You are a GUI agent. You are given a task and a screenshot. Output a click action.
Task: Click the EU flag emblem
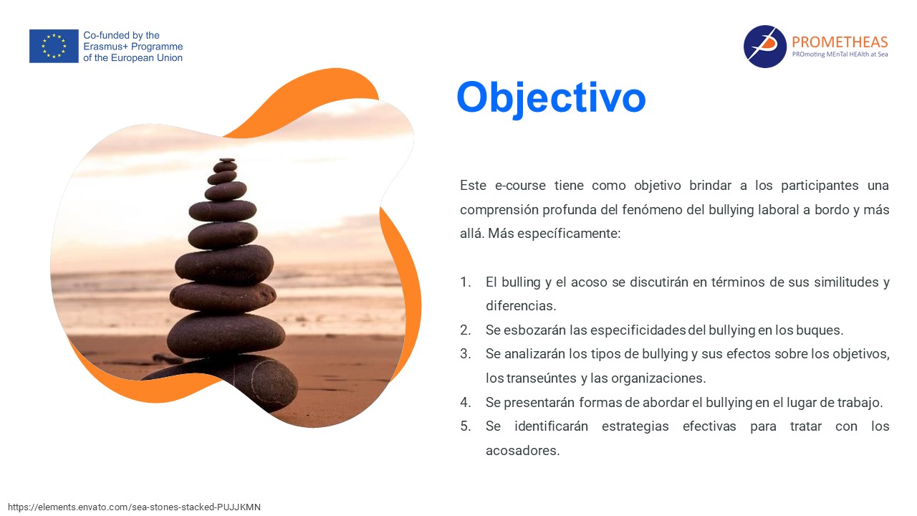tap(54, 46)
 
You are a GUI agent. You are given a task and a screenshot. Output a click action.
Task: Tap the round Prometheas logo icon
tap(764, 47)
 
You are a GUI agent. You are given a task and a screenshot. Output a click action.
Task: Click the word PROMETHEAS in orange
tap(840, 42)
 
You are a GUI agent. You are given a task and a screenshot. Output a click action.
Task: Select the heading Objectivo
tap(551, 97)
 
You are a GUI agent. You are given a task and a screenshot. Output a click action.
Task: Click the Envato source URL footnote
tap(134, 507)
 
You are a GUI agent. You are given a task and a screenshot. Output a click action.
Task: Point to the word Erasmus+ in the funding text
tap(106, 47)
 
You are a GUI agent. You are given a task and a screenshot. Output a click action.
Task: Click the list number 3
tap(465, 354)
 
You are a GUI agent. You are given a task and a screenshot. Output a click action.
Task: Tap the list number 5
tap(465, 426)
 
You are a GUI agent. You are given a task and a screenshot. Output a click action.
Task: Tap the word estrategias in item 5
tap(635, 426)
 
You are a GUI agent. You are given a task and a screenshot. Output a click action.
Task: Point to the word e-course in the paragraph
tap(520, 186)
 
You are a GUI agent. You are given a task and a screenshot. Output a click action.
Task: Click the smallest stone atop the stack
tap(226, 160)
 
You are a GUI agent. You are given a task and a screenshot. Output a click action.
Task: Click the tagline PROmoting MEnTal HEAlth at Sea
tap(840, 54)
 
